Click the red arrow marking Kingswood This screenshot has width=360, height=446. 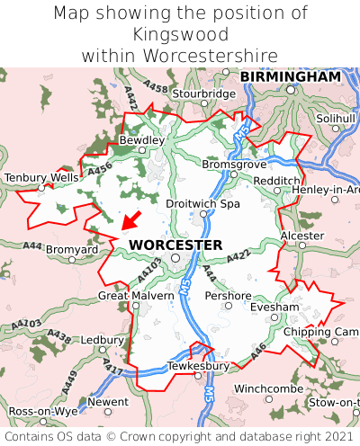coord(130,221)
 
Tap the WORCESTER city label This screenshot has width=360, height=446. coord(175,245)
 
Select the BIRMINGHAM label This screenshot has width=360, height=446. coord(291,77)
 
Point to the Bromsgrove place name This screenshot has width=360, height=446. coord(235,165)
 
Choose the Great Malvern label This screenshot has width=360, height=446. coord(136,295)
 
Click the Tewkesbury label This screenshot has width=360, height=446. coord(199,366)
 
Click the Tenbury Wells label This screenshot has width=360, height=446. coord(41,178)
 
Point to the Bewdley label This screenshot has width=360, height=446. coord(142,140)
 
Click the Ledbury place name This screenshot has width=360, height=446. coord(102,341)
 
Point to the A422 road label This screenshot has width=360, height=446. coord(238,257)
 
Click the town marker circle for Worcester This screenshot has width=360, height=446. coord(176,257)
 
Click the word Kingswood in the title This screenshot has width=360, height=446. coord(180,34)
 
